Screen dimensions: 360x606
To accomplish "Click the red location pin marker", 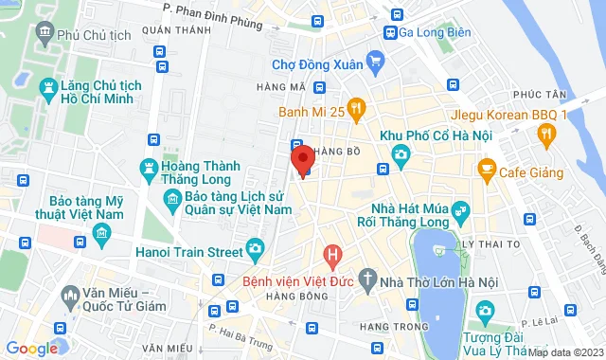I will click(x=302, y=159).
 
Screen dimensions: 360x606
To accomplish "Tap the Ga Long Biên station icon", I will click(x=389, y=31).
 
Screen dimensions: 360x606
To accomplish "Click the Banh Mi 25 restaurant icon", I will click(x=356, y=110).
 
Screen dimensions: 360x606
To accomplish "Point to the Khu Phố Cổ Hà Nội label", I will click(x=436, y=135).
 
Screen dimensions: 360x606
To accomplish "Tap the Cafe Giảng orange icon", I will click(x=488, y=171).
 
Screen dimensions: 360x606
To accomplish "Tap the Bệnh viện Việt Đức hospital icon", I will click(x=331, y=254).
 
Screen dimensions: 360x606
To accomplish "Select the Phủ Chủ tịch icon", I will click(x=44, y=35).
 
